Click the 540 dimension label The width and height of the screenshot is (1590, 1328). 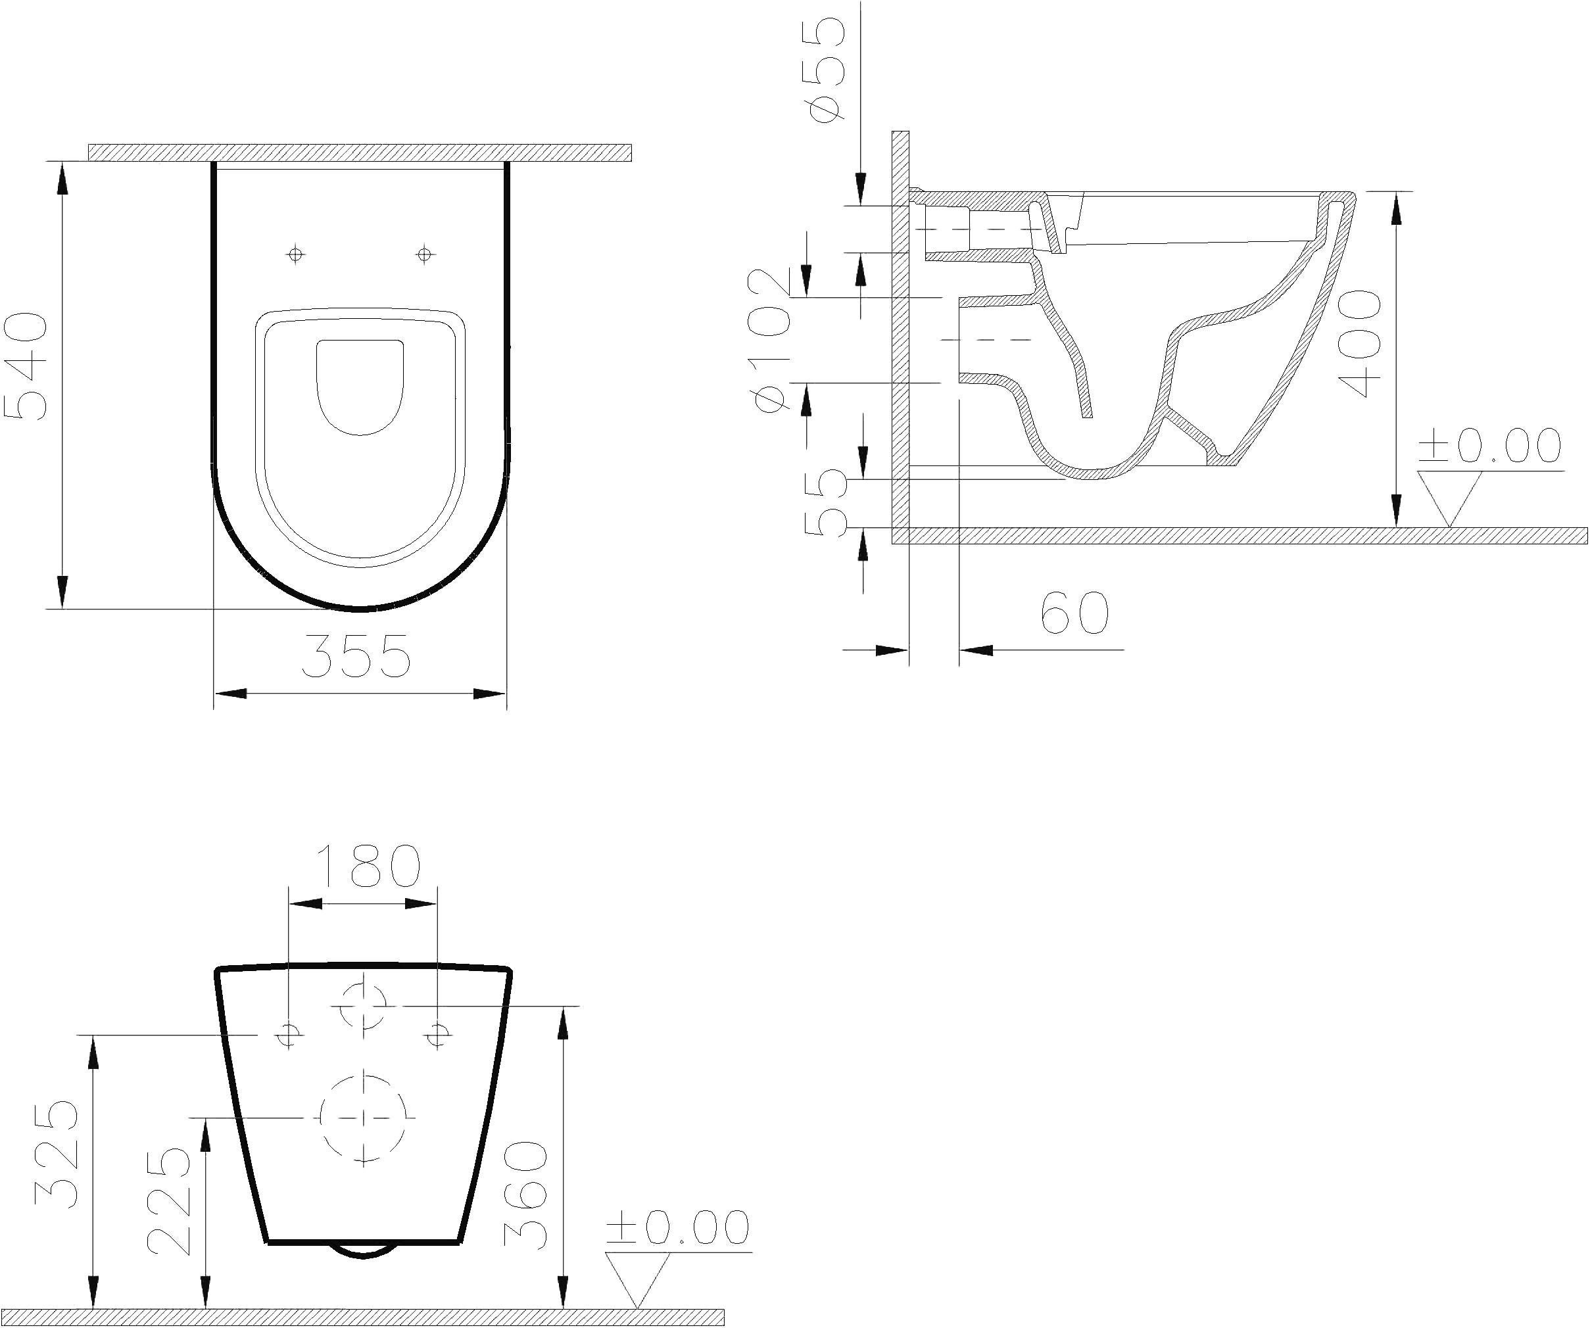pyautogui.click(x=26, y=366)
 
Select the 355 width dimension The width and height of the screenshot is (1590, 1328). pyautogui.click(x=356, y=655)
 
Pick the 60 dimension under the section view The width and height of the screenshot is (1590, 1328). pyautogui.click(x=1074, y=613)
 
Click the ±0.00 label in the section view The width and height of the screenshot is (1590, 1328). pyautogui.click(x=1489, y=446)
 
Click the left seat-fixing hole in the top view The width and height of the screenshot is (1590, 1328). pyautogui.click(x=296, y=254)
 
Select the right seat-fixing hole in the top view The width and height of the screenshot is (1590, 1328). pyautogui.click(x=425, y=254)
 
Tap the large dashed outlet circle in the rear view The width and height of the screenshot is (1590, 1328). pyautogui.click(x=364, y=1118)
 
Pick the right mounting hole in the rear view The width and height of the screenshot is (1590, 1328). pyautogui.click(x=437, y=1033)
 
